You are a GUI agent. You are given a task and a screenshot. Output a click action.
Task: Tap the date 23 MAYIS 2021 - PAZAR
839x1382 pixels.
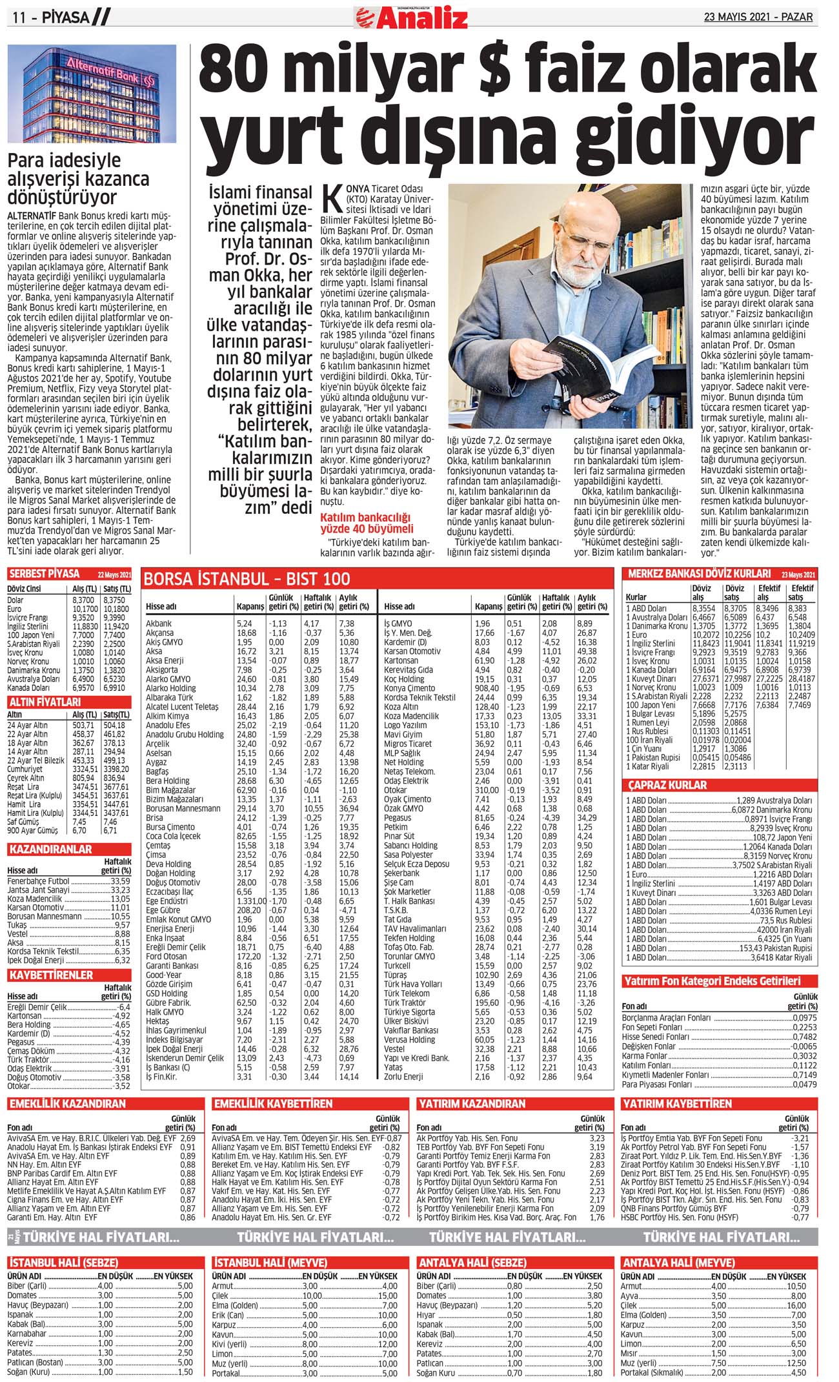pos(758,17)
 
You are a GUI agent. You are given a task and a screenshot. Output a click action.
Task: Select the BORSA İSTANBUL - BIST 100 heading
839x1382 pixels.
pos(247,578)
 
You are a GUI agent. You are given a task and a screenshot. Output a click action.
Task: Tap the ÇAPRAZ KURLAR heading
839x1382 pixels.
pos(667,785)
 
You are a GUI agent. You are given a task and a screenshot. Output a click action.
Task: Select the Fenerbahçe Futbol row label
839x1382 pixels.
pos(38,880)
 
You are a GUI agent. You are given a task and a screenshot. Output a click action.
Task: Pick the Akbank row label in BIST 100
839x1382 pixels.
pos(159,624)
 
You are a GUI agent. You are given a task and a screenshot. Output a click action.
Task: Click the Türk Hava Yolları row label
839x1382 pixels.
pos(413,984)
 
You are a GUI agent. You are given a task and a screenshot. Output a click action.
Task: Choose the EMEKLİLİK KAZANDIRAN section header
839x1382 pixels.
pos(68,1104)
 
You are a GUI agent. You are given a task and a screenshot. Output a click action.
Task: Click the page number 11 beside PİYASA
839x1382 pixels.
pos(18,18)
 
